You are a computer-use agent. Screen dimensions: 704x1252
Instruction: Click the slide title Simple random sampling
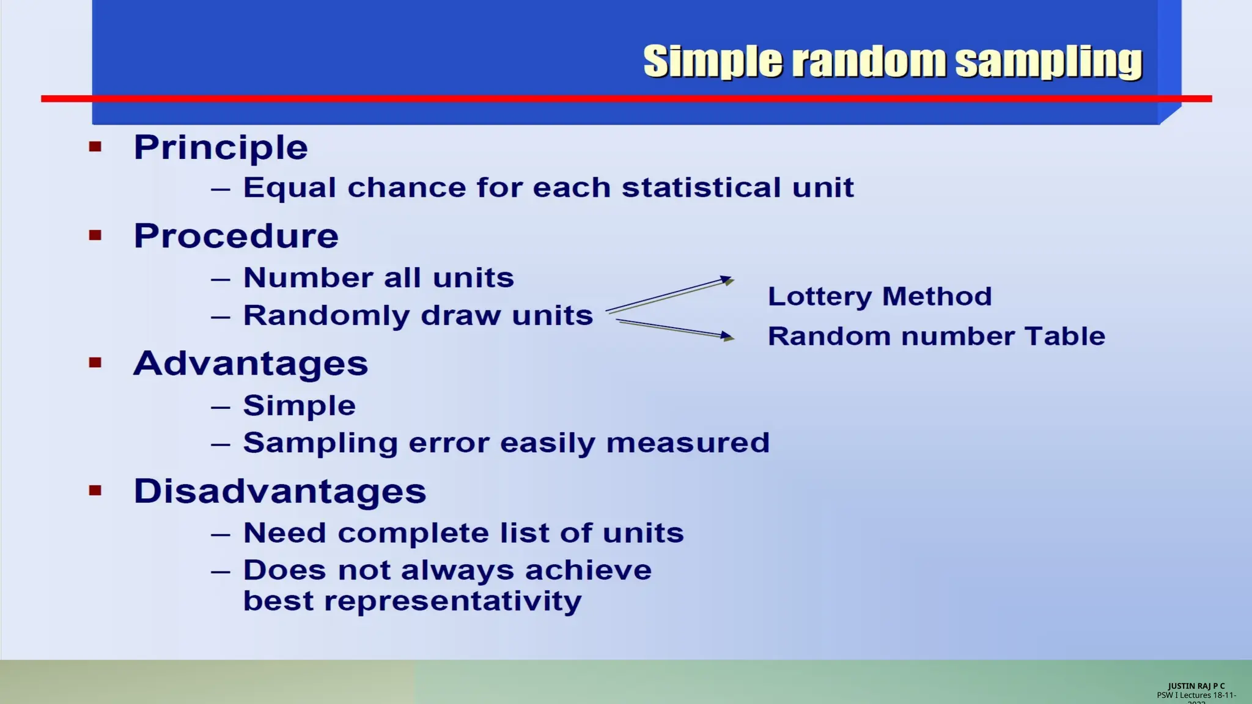pos(893,62)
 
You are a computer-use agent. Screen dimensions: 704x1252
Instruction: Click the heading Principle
pos(221,148)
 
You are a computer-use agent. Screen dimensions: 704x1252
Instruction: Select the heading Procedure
pos(236,237)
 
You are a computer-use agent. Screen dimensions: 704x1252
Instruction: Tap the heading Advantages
pos(251,364)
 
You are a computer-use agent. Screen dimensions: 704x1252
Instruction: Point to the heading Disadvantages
pos(280,491)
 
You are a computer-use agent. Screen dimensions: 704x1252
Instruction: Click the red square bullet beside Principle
pos(95,147)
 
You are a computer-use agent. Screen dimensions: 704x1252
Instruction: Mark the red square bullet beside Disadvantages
pos(95,490)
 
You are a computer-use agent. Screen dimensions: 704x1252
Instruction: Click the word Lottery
pos(819,297)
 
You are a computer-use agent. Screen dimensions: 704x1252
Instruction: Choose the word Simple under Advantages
pos(300,406)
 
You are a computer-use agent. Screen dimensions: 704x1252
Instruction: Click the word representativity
pos(452,601)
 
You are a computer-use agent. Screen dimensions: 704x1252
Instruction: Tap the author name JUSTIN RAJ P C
pos(1196,686)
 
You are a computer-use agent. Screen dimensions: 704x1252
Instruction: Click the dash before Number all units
pos(221,280)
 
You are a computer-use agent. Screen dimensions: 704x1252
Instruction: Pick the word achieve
pos(588,571)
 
